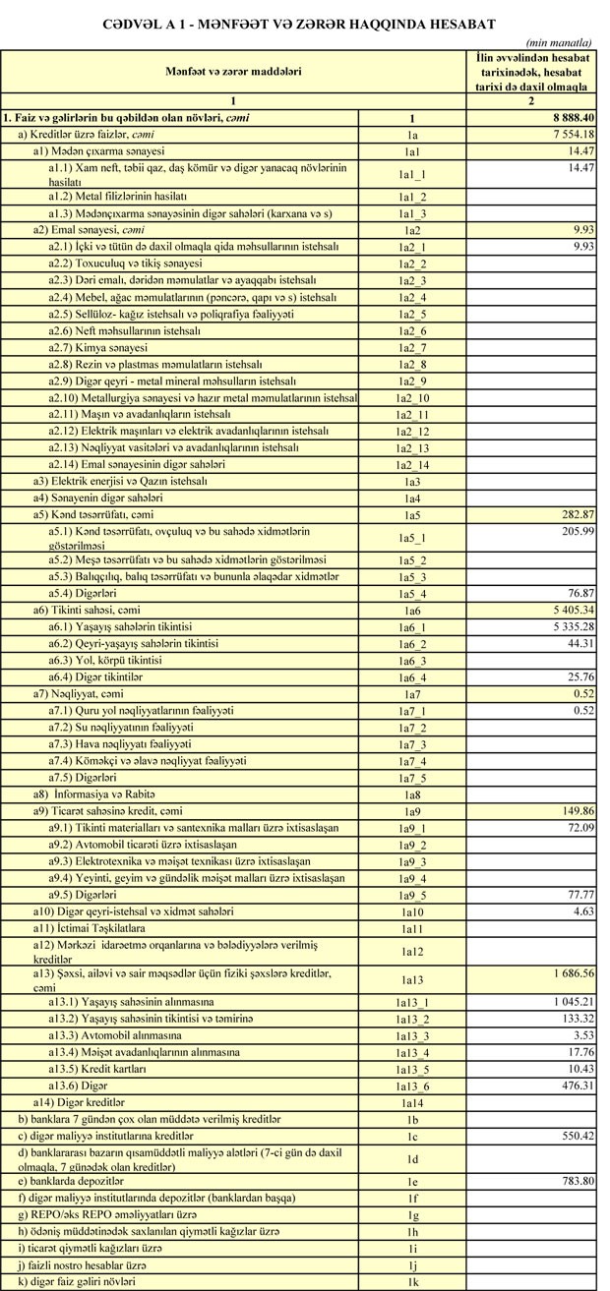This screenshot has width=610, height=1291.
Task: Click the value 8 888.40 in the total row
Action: pyautogui.click(x=565, y=118)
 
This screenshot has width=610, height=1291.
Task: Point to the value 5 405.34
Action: pyautogui.click(x=565, y=611)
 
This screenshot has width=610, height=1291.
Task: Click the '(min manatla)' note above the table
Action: pyautogui.click(x=558, y=44)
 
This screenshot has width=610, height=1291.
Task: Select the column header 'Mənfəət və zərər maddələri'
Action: pyautogui.click(x=232, y=72)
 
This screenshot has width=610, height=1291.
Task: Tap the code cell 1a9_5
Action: pyautogui.click(x=413, y=895)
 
